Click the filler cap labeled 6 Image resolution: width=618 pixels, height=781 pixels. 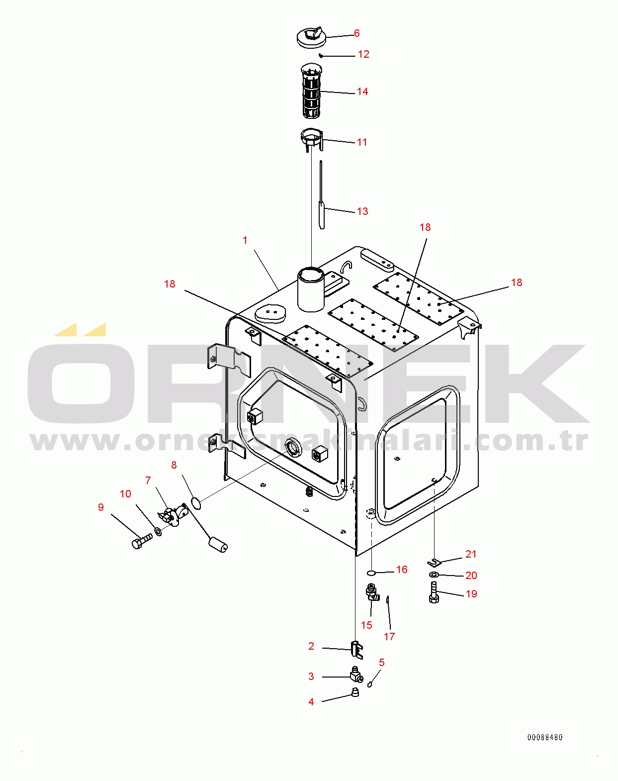point(311,37)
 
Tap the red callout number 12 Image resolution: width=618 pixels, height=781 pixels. point(363,54)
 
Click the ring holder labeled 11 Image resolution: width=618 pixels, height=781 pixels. point(312,139)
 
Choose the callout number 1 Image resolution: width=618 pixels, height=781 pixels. point(245,240)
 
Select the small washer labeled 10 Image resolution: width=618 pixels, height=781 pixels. point(159,532)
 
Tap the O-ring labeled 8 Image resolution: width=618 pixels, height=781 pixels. point(195,503)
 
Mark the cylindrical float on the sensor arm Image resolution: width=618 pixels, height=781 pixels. point(218,546)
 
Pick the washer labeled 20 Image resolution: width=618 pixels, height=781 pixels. point(434,575)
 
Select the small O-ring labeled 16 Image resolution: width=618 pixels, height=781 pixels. point(371,573)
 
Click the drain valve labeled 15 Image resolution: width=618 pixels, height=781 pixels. point(372,592)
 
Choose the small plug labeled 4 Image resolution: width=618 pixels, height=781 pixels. point(355,692)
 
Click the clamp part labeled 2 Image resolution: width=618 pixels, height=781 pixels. point(356,650)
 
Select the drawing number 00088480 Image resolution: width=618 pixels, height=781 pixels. point(545,737)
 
